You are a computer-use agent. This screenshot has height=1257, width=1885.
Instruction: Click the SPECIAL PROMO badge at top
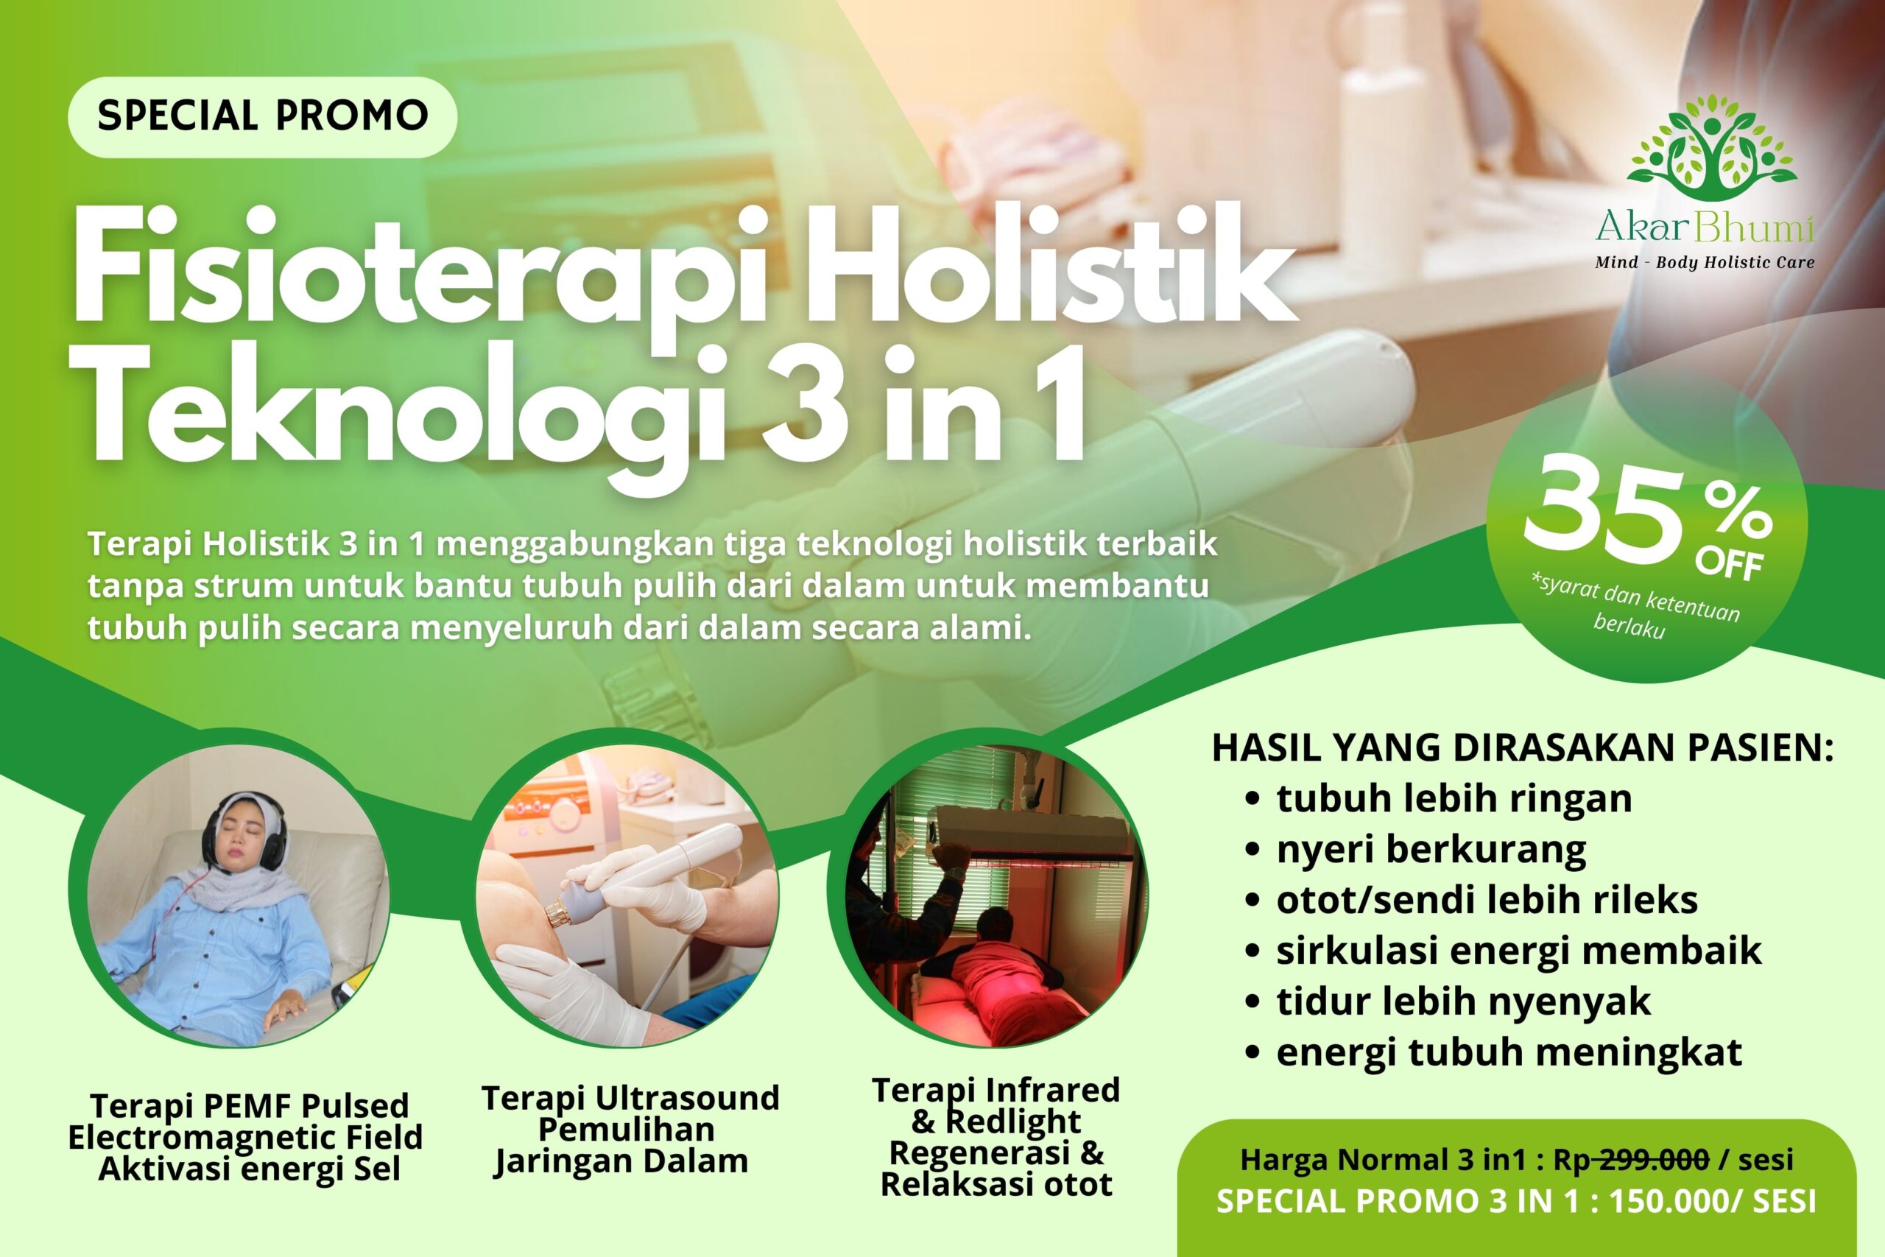262,116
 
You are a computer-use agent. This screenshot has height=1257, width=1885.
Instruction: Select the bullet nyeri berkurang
1431,850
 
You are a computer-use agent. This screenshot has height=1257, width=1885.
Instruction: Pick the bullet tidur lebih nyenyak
1462,1001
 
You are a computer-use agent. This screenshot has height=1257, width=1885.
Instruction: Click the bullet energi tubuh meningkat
1508,1052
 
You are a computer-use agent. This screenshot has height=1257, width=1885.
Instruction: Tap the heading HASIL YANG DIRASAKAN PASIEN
1522,747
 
